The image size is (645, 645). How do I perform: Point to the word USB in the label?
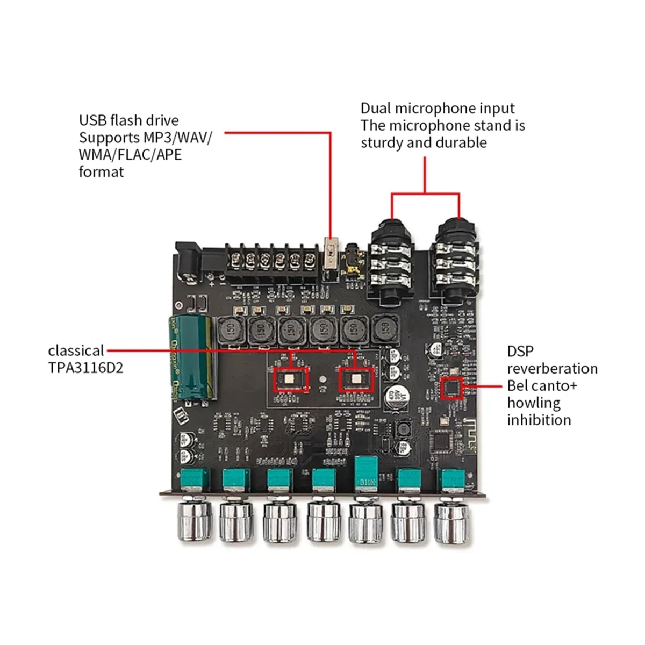click(x=92, y=120)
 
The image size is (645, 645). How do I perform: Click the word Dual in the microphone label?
click(x=376, y=108)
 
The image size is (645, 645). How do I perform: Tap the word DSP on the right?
click(x=520, y=351)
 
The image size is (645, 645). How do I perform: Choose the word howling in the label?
click(x=534, y=403)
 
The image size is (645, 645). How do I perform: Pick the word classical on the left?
click(x=76, y=351)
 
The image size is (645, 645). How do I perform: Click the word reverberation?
click(x=552, y=368)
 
